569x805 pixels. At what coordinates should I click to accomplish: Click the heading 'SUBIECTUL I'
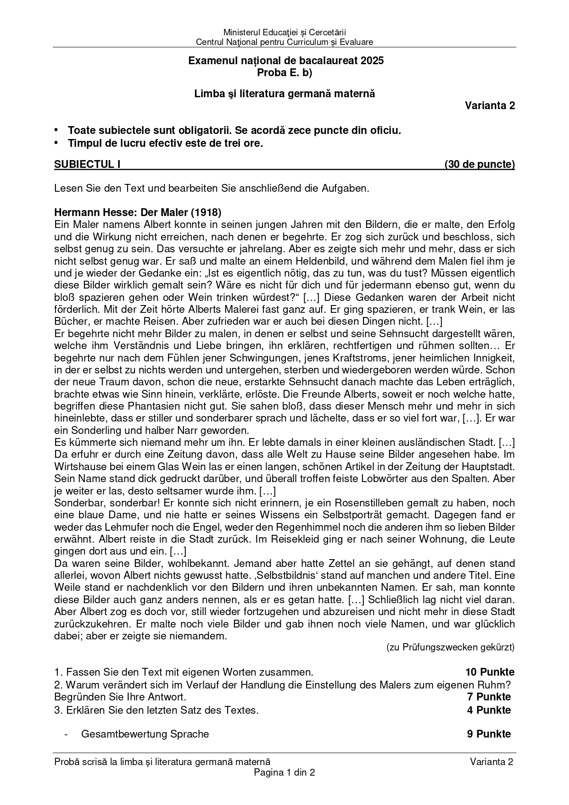click(x=87, y=164)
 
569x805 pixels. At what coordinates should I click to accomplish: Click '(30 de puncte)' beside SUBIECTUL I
click(x=480, y=164)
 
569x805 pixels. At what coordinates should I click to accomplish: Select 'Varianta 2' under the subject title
click(x=490, y=105)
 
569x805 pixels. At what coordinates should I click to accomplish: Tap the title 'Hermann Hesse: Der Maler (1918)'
click(x=138, y=212)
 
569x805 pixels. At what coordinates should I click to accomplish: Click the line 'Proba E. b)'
click(x=284, y=72)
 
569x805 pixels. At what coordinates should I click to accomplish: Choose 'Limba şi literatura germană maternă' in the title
click(x=284, y=94)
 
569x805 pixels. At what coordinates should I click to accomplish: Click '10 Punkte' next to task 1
click(x=490, y=672)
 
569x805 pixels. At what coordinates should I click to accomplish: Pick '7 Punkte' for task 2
click(x=489, y=697)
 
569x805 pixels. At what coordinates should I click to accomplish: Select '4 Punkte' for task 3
click(x=489, y=710)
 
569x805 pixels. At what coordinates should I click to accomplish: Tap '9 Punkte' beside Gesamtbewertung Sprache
click(x=489, y=734)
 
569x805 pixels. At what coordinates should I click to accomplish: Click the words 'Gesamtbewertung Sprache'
click(x=145, y=734)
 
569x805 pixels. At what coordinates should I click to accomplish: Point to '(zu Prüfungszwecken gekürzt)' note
click(x=450, y=647)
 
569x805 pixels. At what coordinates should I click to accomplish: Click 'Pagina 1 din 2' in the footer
click(x=284, y=772)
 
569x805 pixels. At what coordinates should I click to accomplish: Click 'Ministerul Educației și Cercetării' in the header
click(x=284, y=32)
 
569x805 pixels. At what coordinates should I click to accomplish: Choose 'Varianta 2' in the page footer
click(x=491, y=762)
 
